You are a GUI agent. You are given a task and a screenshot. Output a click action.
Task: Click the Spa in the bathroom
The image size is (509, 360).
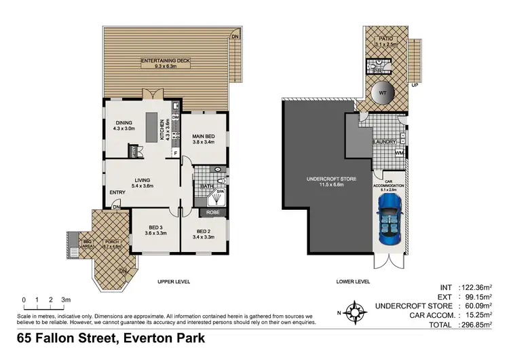(x=221, y=193)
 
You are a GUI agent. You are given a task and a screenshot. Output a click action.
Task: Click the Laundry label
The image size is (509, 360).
(x=384, y=141)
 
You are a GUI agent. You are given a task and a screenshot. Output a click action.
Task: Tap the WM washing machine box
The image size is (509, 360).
(x=399, y=154)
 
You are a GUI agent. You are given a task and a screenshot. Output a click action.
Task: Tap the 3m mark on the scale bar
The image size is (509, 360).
(x=65, y=299)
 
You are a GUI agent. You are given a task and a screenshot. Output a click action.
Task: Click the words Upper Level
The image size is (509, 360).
(x=174, y=281)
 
